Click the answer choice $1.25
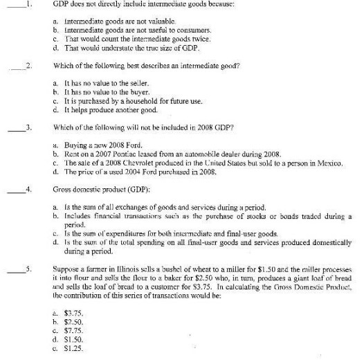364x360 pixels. click(x=71, y=350)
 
